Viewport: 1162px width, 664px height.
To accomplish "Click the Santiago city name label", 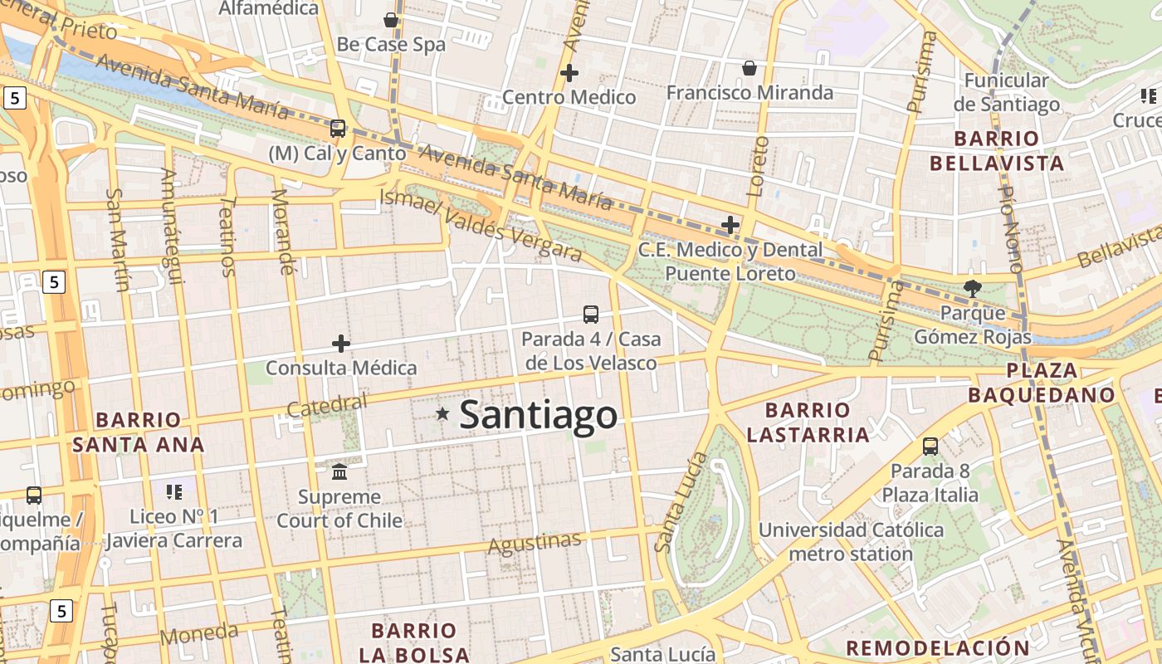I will coord(538,414).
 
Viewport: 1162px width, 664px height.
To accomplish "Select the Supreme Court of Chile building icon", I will coord(339,471).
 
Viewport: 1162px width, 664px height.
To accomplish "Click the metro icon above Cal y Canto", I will coord(338,128).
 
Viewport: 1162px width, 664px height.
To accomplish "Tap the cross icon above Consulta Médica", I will coord(341,344).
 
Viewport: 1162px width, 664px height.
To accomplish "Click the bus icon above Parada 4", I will coord(591,314).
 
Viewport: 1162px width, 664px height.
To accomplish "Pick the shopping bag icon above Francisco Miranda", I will coord(749,68).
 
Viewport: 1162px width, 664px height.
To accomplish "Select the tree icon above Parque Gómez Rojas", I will coord(973,288).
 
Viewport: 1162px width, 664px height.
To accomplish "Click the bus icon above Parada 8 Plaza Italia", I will coord(930,447).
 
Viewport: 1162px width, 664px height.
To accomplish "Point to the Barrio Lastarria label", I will coord(808,422).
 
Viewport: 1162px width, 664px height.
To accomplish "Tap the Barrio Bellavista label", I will coord(997,150).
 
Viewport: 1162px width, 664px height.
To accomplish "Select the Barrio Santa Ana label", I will coord(138,432).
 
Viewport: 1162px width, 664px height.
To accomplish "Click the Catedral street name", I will coord(327,405).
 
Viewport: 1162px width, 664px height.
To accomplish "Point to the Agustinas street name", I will coord(535,544).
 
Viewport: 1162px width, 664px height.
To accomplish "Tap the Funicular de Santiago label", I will coord(1007,92).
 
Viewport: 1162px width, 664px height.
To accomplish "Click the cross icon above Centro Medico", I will coord(569,73).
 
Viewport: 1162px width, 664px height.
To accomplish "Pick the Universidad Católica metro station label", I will coord(851,541).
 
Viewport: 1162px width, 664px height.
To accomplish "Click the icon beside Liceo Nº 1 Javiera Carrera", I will coord(174,492).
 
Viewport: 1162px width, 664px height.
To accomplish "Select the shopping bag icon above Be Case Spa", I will coord(391,20).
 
